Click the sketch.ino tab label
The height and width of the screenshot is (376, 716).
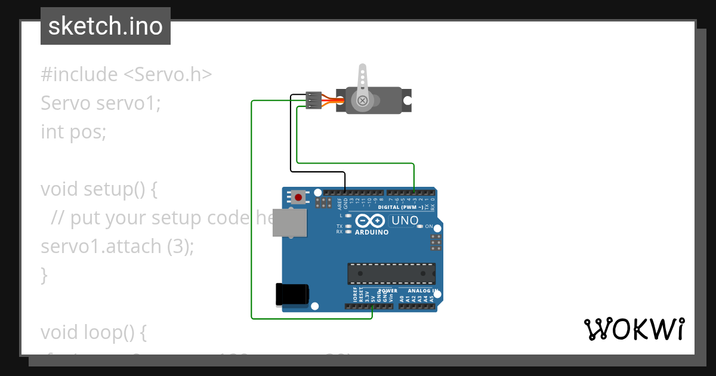point(105,26)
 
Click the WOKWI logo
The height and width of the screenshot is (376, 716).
point(634,329)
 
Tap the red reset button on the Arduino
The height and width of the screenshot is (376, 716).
point(298,196)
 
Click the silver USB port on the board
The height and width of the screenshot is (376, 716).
point(289,223)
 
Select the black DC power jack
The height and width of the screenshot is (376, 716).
point(292,295)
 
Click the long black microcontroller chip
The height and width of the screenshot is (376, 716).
point(391,273)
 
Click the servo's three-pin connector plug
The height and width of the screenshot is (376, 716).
point(313,100)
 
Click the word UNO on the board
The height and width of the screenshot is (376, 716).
point(405,221)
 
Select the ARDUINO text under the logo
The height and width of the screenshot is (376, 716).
point(372,232)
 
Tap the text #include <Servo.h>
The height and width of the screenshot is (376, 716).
point(126,75)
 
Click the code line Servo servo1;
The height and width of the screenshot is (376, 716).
point(101,103)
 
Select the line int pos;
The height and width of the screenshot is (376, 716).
point(73,131)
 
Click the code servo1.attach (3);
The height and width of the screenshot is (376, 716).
point(118,246)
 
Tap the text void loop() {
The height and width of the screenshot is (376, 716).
point(93,332)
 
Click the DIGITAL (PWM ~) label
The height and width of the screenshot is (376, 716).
point(401,207)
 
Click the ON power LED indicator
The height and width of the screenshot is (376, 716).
point(421,226)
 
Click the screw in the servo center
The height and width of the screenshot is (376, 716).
point(362,101)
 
